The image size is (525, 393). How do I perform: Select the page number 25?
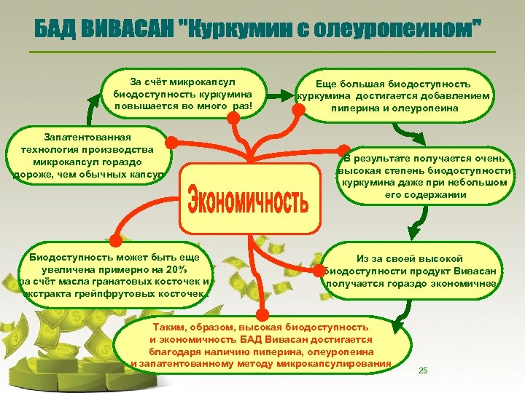coord(423,371)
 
